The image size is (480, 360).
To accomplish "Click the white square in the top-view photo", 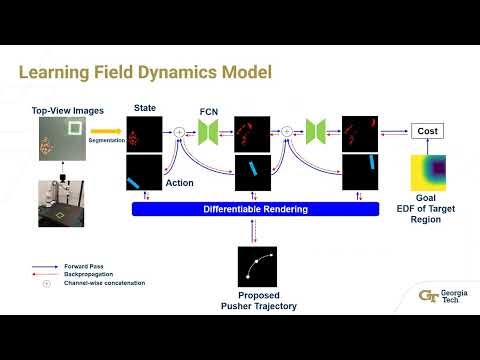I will click(74, 128).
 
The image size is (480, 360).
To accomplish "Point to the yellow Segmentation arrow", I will click(106, 130).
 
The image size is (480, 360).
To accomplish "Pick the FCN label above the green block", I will click(208, 110).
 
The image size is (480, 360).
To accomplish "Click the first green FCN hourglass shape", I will click(208, 131).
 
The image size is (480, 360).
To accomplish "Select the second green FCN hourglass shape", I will click(315, 131).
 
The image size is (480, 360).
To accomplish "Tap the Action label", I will click(179, 183).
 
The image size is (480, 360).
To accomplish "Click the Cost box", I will click(426, 131).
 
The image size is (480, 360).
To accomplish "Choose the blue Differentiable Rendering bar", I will click(256, 209).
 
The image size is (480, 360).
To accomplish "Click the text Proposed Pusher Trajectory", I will click(257, 300).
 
